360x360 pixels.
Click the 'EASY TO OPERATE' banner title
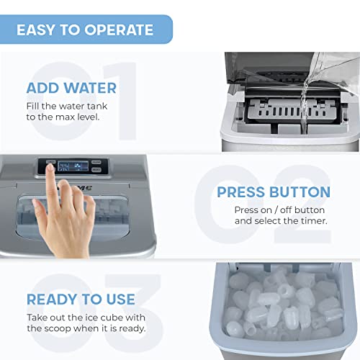(85, 30)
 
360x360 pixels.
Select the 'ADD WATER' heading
(71, 89)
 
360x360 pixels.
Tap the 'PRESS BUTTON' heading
(274, 192)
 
